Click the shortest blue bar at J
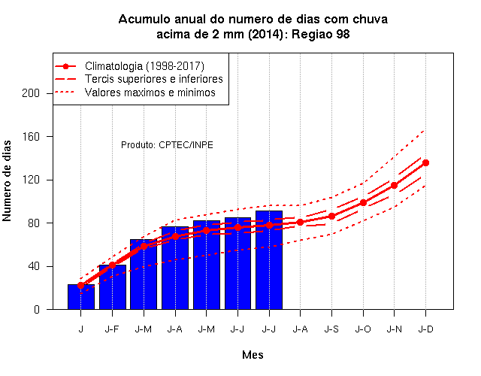click(x=81, y=297)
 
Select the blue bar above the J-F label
click(x=113, y=287)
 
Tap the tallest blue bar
click(x=269, y=260)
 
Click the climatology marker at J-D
click(x=426, y=162)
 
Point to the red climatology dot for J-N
click(x=394, y=186)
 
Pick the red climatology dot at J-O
click(x=363, y=202)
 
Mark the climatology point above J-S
click(x=332, y=217)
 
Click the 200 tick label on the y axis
click(x=31, y=93)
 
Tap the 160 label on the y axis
click(x=31, y=137)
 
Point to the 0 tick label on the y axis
click(x=37, y=309)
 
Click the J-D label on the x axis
click(x=426, y=329)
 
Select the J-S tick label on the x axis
click(x=331, y=329)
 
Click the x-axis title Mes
click(x=253, y=355)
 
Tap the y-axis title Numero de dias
click(x=7, y=181)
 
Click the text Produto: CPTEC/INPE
click(x=167, y=145)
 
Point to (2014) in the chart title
click(x=265, y=34)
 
